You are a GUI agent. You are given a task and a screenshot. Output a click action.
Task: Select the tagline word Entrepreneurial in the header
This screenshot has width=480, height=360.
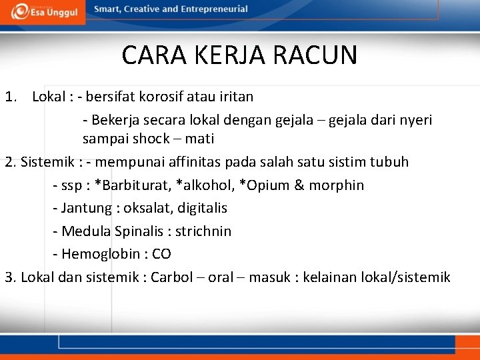213,9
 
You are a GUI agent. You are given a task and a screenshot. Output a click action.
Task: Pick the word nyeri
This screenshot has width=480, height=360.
414,120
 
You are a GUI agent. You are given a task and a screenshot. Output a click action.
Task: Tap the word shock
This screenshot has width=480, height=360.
151,139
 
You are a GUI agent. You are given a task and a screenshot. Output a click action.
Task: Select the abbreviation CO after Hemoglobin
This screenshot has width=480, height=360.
161,254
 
